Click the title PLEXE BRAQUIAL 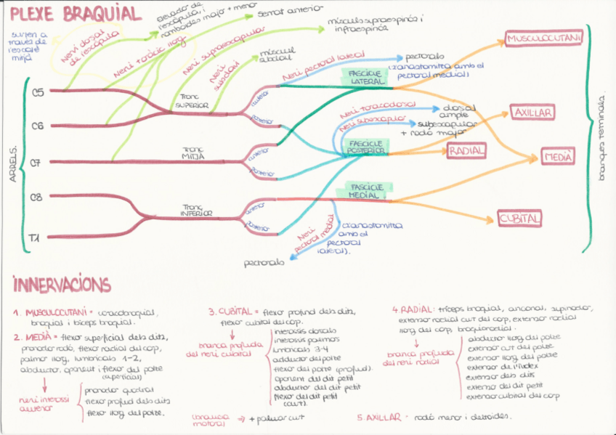point(76,14)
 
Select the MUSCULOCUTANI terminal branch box point(543,38)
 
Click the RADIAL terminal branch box point(466,150)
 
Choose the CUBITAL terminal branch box point(519,218)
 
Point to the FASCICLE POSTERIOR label point(366,147)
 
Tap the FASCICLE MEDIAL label point(367,190)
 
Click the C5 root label point(37,92)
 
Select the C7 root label point(37,162)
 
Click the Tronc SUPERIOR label point(192,102)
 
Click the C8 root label point(37,197)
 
